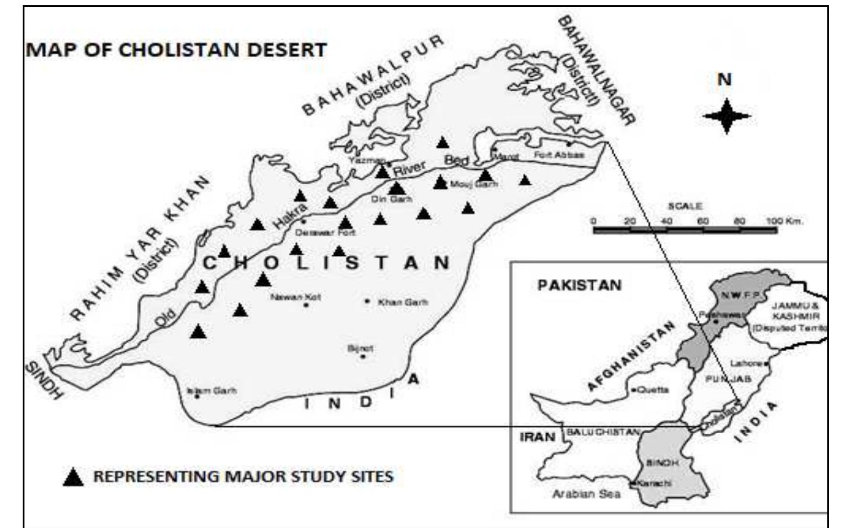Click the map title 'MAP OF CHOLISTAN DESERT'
[x=176, y=50]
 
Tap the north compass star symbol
[x=726, y=116]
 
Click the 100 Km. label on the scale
[x=784, y=221]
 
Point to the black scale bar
[x=685, y=230]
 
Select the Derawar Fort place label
[x=325, y=233]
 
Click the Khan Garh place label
[x=402, y=302]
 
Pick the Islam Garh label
[x=212, y=391]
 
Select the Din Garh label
[x=391, y=199]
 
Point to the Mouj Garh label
[x=474, y=184]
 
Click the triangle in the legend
[x=73, y=477]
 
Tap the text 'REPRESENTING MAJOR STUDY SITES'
[x=243, y=477]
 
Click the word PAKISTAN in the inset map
[x=579, y=286]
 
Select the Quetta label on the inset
[x=653, y=390]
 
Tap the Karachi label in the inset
[x=654, y=483]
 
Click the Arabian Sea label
[x=586, y=494]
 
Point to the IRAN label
[x=537, y=437]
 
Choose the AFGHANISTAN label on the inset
[x=631, y=356]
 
